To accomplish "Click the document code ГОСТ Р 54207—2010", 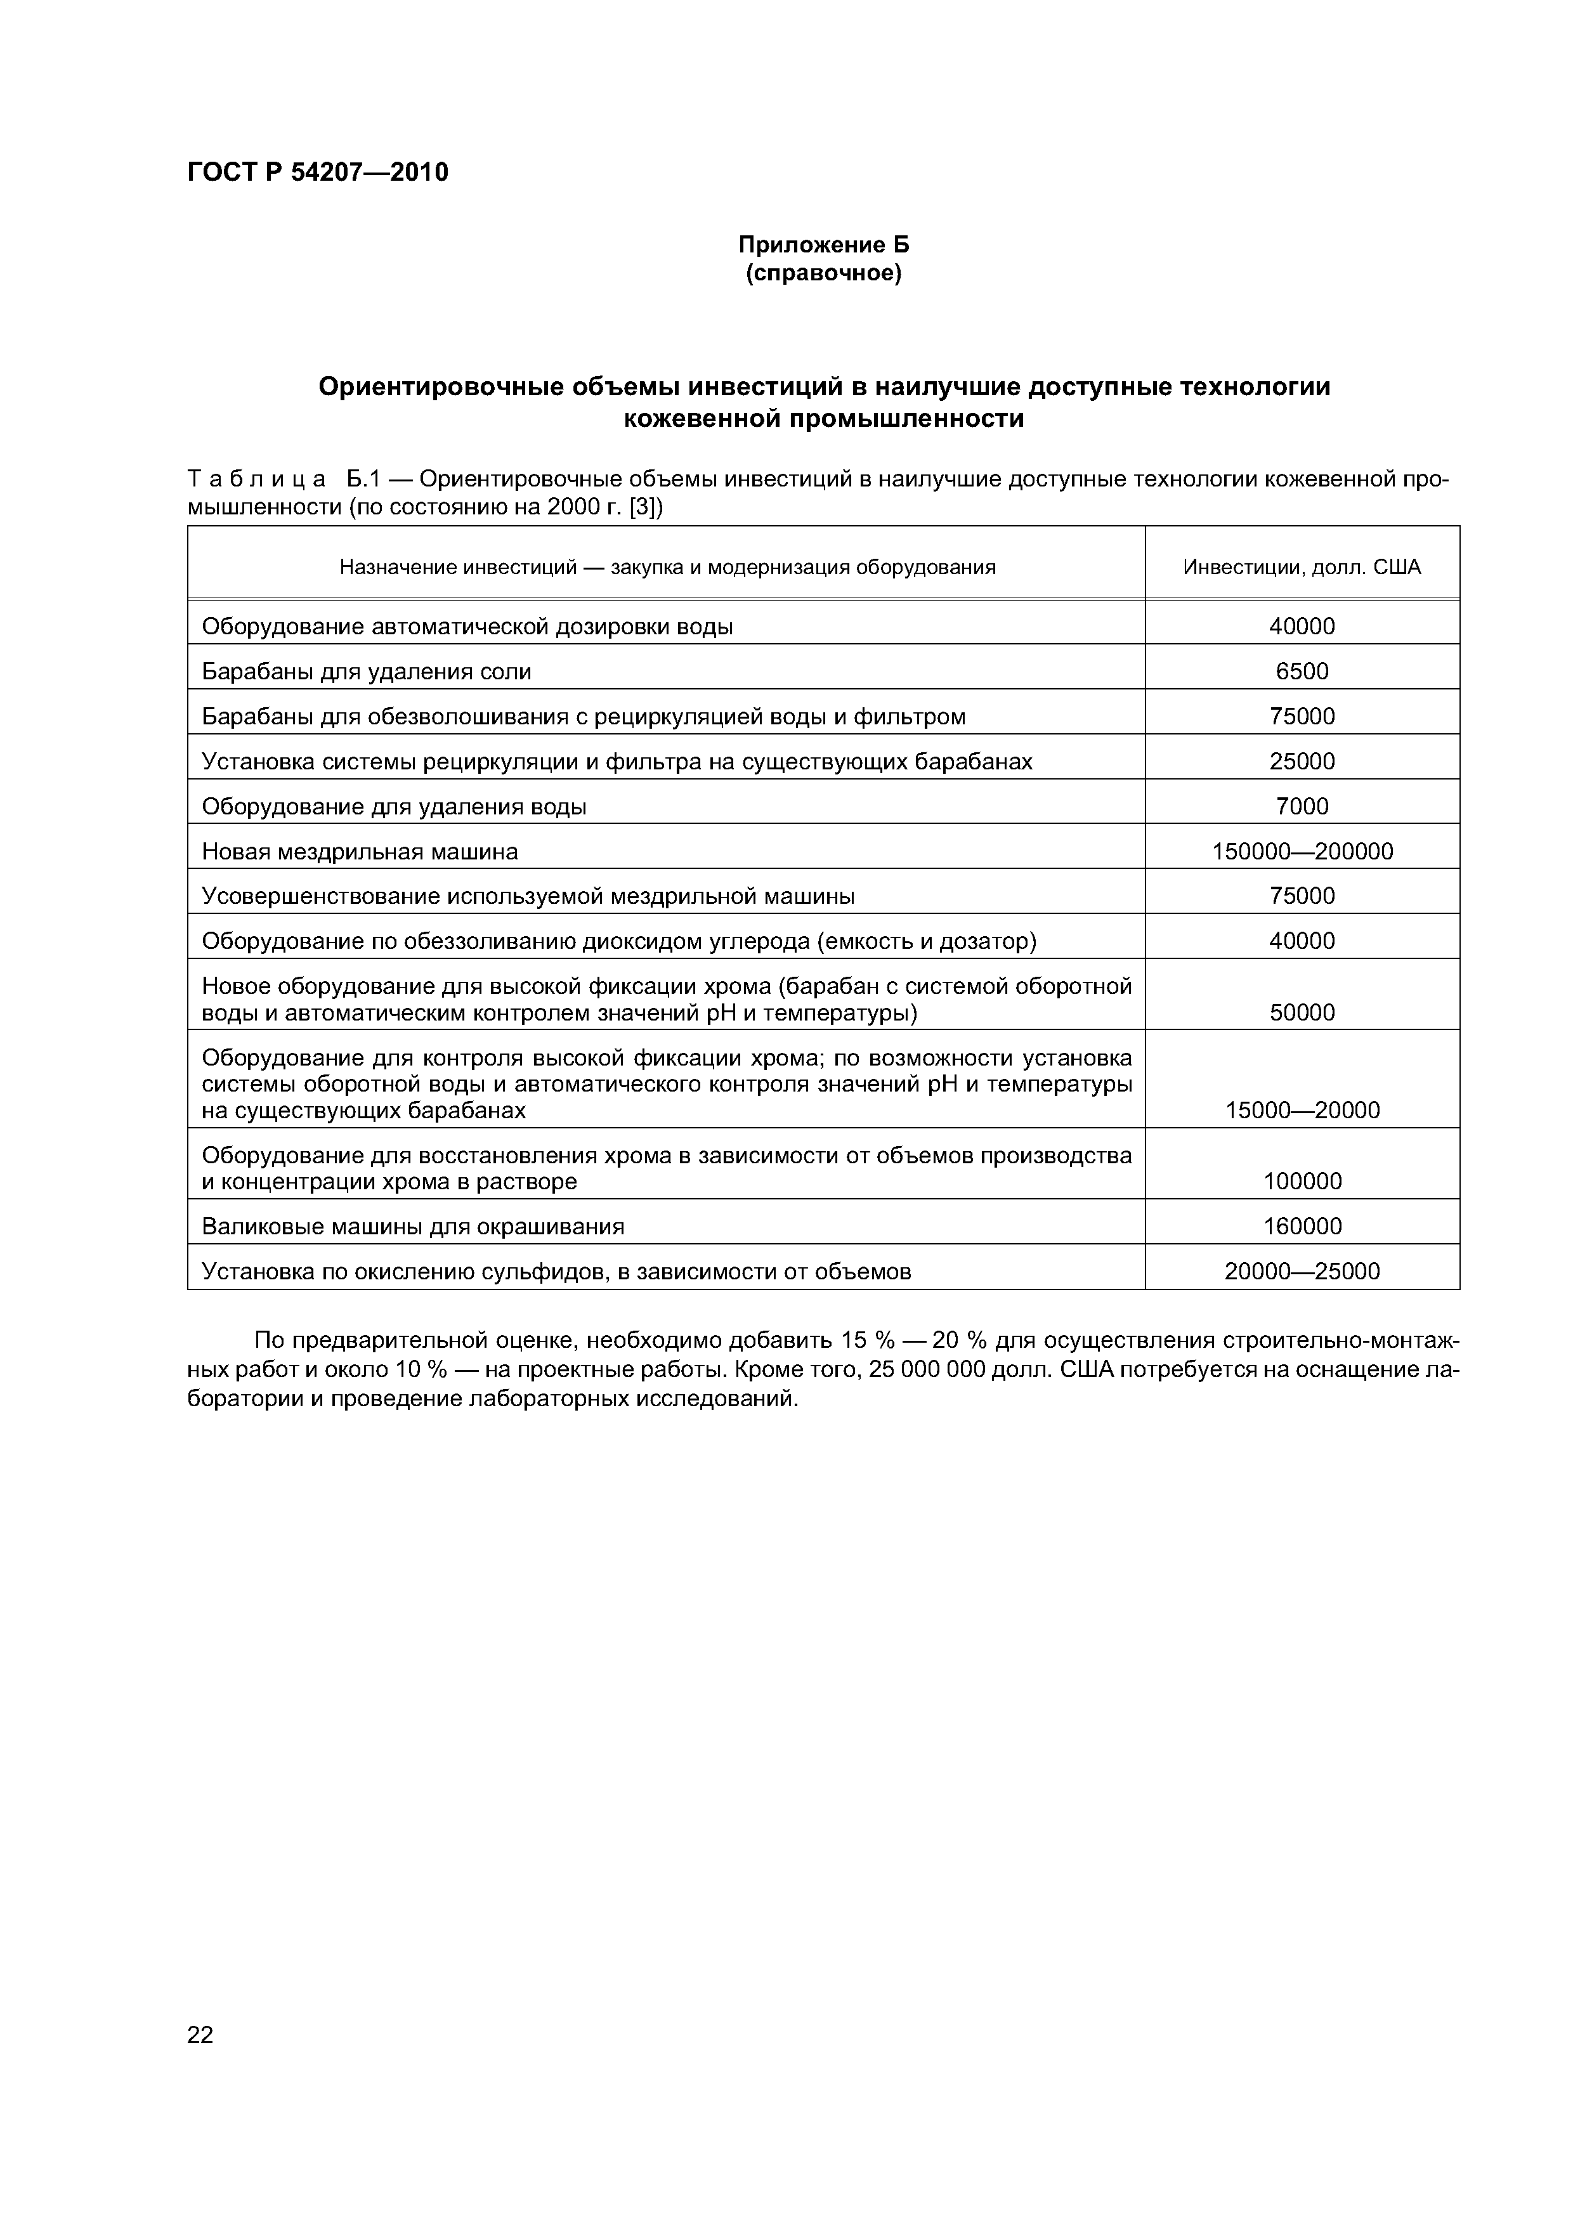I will point(317,173).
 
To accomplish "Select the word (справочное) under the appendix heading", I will point(824,274).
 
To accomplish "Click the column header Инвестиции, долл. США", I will point(1301,567).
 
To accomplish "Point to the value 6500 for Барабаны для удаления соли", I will point(1301,672).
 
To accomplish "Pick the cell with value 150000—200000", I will point(1301,852).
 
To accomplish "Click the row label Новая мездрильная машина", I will point(360,852).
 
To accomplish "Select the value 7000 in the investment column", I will point(1301,806).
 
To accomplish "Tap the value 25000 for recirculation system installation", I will point(1301,762).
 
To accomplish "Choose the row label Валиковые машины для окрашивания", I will point(413,1227).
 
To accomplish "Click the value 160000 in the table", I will point(1301,1227).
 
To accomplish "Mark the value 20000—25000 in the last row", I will point(1301,1272).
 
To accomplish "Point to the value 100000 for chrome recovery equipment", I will point(1301,1181).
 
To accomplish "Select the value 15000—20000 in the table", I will point(1301,1111).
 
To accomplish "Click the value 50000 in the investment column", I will point(1301,1013).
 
